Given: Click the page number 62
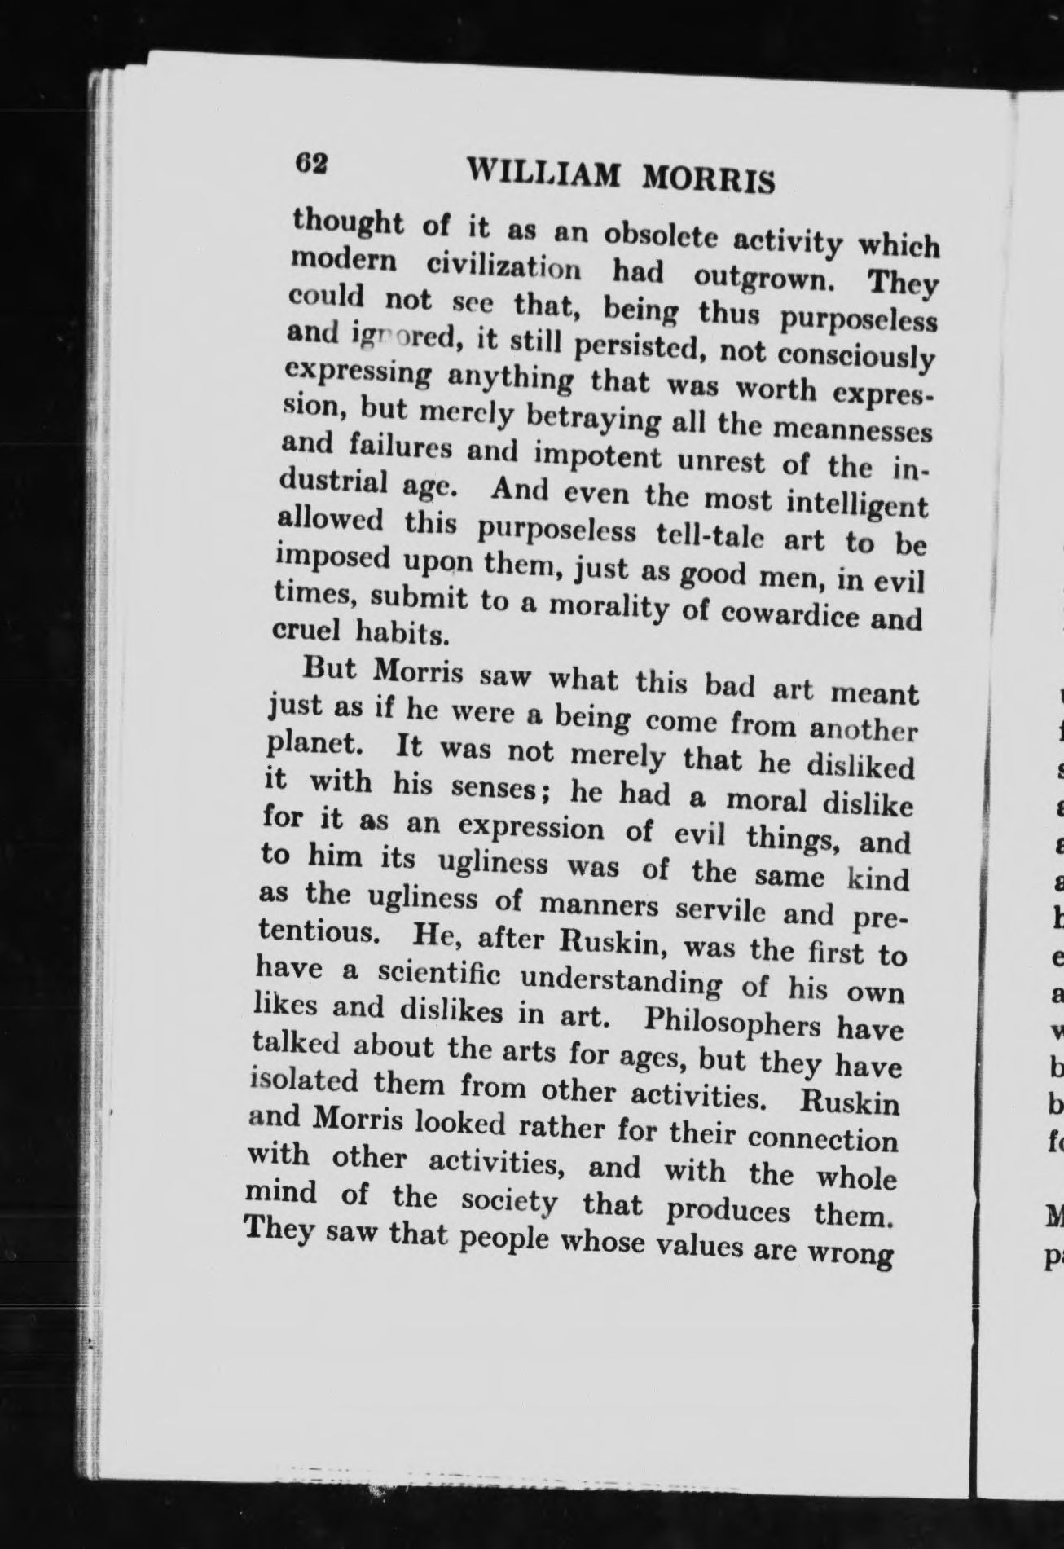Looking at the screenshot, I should point(310,163).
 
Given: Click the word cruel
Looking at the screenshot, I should point(303,630).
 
